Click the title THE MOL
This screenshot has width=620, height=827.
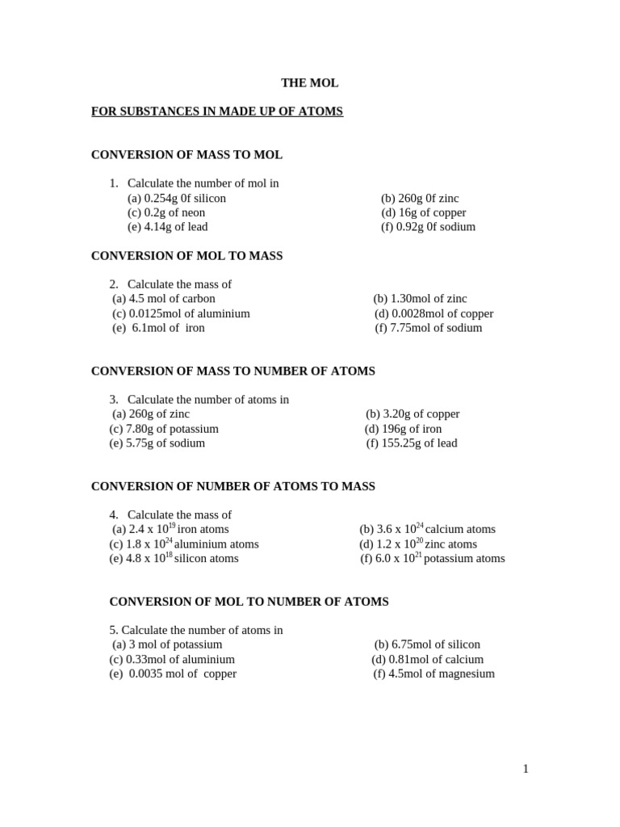[309, 82]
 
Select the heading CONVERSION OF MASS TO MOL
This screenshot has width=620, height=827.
[186, 154]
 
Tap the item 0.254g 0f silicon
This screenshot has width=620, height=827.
[177, 198]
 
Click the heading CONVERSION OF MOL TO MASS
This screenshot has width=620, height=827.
[186, 255]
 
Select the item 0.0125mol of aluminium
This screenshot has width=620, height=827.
[181, 313]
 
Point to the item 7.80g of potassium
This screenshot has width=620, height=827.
[164, 429]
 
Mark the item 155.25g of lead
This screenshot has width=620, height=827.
[412, 443]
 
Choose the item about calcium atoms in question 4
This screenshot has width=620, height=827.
[427, 529]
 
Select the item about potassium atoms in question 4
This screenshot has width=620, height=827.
[433, 558]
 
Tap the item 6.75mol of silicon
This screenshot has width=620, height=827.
[427, 644]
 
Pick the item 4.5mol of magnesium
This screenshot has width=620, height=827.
[434, 674]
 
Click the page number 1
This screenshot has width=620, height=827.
[526, 769]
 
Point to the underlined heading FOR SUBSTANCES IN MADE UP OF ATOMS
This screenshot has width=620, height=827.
[217, 111]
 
